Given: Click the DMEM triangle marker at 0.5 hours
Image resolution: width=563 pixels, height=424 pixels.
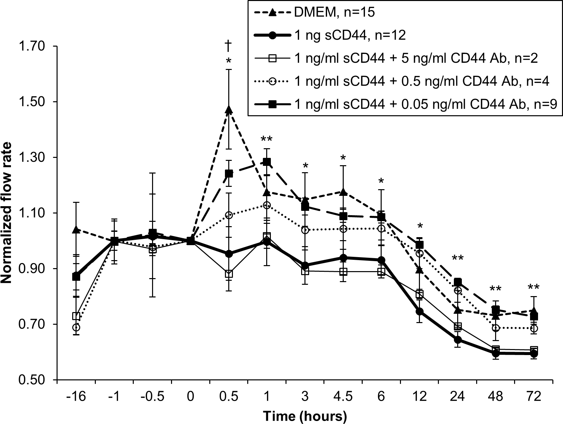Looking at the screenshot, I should tap(229, 110).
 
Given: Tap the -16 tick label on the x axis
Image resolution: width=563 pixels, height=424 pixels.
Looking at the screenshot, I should tap(76, 397).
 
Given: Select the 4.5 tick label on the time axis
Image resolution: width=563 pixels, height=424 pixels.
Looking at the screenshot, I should tap(343, 397).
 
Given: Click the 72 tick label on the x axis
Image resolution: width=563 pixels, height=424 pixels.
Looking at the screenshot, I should tap(534, 397).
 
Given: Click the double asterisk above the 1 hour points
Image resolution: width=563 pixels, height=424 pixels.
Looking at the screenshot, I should tap(267, 139).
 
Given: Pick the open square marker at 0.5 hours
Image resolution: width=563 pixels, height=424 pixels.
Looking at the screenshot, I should tap(229, 274).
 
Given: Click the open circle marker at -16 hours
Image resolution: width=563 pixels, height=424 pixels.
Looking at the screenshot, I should tap(76, 327).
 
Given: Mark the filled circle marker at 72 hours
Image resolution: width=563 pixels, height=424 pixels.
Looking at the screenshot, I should tap(534, 353).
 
